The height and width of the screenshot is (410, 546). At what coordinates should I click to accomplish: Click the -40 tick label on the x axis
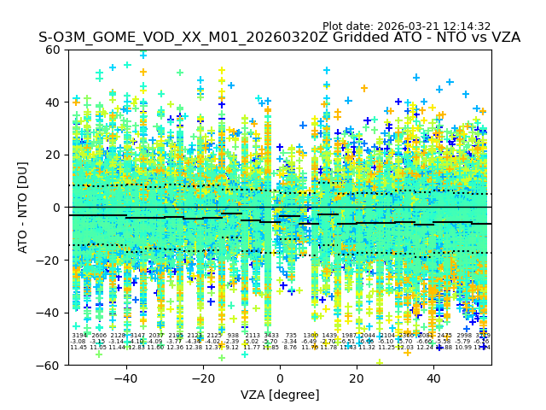125,378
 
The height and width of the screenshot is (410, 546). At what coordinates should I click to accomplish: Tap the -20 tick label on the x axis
202,378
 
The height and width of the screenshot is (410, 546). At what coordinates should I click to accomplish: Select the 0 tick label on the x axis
280,378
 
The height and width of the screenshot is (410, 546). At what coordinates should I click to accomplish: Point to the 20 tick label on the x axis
357,378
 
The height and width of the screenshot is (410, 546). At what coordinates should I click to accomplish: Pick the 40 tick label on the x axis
433,378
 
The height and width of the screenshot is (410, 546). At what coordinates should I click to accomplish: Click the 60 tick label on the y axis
54,50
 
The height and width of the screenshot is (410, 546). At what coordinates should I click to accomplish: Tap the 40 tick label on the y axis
54,102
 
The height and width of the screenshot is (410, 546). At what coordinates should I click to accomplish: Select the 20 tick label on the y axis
54,155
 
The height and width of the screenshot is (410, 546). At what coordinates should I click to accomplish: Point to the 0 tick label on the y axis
57,208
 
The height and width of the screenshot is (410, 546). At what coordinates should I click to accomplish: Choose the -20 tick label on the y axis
50,260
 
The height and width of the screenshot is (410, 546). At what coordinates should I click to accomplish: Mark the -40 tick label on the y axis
50,313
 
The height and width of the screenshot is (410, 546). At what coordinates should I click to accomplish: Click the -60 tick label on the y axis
50,365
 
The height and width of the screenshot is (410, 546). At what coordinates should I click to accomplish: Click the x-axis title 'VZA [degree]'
280,395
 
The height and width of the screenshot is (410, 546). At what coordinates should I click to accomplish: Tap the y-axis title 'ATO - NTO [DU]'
24,208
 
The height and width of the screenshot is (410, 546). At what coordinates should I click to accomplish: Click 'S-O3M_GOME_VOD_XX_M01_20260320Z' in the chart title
160,38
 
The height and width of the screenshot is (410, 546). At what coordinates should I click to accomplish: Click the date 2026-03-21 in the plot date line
409,26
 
